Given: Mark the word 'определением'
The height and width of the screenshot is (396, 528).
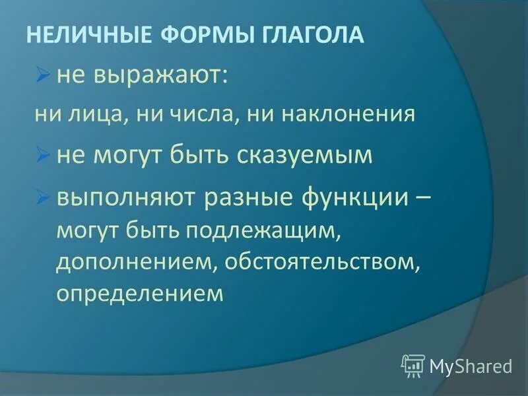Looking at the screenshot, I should pyautogui.click(x=140, y=292).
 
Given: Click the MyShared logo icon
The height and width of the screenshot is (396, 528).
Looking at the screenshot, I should pyautogui.click(x=413, y=364).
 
